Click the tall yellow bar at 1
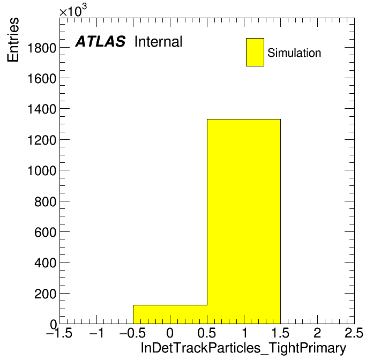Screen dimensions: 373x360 (x=244, y=221)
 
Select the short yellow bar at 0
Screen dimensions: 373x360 (x=170, y=314)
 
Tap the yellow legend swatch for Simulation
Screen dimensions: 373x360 (x=255, y=52)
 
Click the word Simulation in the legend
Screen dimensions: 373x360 (x=294, y=53)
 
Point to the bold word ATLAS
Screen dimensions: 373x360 (x=100, y=41)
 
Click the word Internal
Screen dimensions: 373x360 (x=159, y=42)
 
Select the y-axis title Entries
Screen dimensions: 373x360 (x=13, y=40)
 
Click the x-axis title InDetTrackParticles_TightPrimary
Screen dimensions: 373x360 (x=243, y=348)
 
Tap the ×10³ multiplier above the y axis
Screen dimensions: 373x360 (x=73, y=11)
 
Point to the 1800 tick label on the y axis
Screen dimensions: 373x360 (x=42, y=48)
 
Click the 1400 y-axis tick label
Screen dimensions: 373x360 (x=42, y=109)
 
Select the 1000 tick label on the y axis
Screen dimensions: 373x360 (x=42, y=170)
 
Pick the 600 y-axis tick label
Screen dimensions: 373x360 (x=45, y=232)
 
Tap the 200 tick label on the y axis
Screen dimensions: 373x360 (x=45, y=294)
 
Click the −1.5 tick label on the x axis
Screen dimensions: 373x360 (x=59, y=333)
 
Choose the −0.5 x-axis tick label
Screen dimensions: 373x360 (x=133, y=333)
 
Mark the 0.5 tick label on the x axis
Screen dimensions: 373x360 (x=207, y=333)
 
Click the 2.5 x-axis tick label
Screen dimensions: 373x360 (x=354, y=333)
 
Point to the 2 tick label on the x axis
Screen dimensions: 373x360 (x=317, y=333)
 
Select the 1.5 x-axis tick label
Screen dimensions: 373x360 (x=280, y=333)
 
